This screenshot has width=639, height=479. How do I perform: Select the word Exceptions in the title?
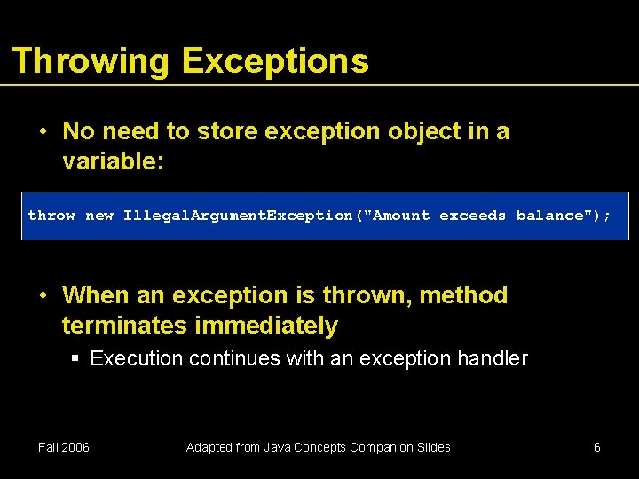pyautogui.click(x=274, y=61)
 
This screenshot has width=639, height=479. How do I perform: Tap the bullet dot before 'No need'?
pyautogui.click(x=43, y=131)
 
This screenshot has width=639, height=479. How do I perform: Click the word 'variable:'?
pyautogui.click(x=114, y=162)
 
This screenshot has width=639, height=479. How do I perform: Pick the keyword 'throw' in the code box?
pyautogui.click(x=51, y=216)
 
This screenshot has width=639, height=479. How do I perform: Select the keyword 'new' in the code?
pyautogui.click(x=99, y=216)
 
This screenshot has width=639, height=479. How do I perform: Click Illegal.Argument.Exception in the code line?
pyautogui.click(x=238, y=216)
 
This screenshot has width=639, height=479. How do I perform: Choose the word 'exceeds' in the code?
pyautogui.click(x=473, y=216)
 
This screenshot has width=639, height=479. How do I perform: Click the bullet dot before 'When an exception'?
pyautogui.click(x=43, y=295)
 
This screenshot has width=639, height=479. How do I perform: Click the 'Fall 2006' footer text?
pyautogui.click(x=64, y=447)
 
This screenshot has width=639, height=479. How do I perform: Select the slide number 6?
pyautogui.click(x=596, y=447)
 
